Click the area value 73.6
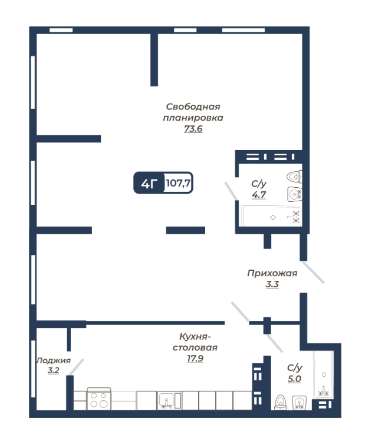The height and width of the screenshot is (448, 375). point(193,129)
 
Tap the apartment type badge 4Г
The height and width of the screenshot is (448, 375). point(149,183)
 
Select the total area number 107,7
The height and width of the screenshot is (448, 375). point(178,182)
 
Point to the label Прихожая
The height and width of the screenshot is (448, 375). point(272,273)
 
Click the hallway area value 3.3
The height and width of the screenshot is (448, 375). point(272,284)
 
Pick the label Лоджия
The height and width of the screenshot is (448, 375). point(54,360)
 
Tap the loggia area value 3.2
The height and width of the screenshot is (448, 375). point(53,370)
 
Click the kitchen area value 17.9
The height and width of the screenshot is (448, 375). point(195,359)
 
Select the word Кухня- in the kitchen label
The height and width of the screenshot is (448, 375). point(195,337)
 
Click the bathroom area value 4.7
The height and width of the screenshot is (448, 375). point(259,195)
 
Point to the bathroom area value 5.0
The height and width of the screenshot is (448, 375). point(295,379)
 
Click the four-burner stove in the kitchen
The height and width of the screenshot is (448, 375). point(98,399)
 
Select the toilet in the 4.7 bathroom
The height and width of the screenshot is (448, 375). point(294,176)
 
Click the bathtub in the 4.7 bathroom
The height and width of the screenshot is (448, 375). point(271,217)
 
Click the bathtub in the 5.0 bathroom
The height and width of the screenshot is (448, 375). point(324,374)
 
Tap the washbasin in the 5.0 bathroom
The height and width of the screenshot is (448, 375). point(299,403)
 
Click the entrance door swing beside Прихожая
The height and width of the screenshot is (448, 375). point(313,273)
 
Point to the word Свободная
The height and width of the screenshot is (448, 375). point(193,107)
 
